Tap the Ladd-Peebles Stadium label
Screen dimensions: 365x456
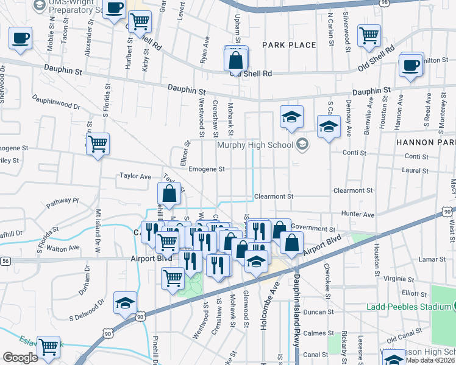[x=408, y=306]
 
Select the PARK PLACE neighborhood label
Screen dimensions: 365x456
[x=290, y=45]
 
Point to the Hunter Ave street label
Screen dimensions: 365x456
[x=358, y=214]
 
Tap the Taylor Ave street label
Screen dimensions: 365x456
[x=135, y=176]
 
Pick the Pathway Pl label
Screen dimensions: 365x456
[x=63, y=200]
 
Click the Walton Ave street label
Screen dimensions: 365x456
[x=63, y=248]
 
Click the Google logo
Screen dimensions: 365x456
[x=20, y=358]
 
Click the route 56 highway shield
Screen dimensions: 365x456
[x=4, y=260]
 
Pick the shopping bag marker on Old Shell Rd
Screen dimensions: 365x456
[x=236, y=61]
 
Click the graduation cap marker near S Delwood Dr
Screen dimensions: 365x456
[x=125, y=302]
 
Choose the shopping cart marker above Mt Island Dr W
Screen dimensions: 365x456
[x=98, y=144]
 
